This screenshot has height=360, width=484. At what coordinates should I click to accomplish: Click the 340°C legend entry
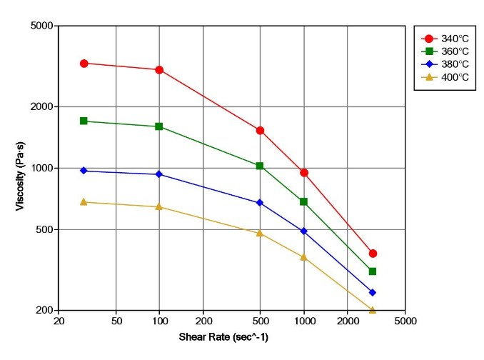tap(445, 39)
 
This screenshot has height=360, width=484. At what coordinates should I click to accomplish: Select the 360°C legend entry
tap(445, 51)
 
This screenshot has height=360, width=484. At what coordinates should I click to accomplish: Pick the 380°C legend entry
tap(445, 64)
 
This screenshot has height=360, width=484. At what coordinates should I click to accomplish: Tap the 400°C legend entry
tap(445, 77)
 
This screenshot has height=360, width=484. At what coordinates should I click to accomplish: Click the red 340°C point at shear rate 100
tap(159, 70)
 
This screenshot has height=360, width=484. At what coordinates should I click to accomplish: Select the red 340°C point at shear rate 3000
tap(373, 254)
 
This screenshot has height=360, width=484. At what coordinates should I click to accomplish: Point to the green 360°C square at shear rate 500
tap(260, 166)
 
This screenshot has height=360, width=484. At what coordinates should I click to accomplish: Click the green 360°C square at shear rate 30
tap(84, 121)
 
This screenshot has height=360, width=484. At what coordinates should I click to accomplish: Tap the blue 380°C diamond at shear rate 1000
tap(304, 231)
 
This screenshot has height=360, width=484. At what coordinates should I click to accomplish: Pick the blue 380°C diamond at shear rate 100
tap(159, 174)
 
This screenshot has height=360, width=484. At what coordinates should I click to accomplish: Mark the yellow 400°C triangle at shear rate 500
tap(260, 233)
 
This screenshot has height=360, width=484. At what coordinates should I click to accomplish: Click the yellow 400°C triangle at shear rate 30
tap(84, 202)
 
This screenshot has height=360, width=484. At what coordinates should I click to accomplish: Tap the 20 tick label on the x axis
tap(59, 321)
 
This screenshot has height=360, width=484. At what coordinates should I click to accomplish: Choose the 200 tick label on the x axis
tap(203, 321)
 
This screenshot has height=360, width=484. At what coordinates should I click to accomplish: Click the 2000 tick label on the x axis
tap(348, 321)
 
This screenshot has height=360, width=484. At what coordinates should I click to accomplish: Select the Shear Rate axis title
tap(232, 337)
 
